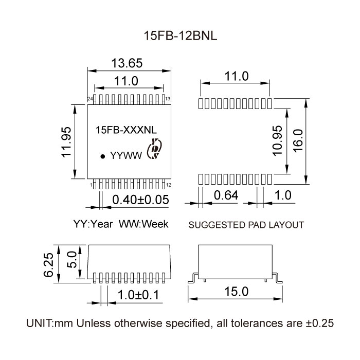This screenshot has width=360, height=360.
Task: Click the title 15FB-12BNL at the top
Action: point(179,37)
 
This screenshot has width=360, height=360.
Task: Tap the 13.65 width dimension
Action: point(127,63)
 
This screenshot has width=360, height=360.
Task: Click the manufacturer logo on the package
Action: point(154,150)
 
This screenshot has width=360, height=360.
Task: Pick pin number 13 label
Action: point(168,98)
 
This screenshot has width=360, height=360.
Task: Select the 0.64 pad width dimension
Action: point(226,196)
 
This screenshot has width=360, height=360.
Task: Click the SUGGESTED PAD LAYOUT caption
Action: point(246,225)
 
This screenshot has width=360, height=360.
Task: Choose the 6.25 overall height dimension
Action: point(47,264)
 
